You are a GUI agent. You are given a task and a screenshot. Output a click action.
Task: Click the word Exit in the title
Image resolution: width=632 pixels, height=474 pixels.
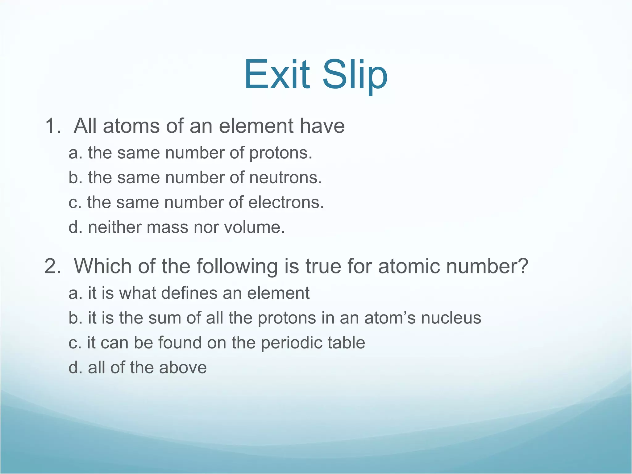277,75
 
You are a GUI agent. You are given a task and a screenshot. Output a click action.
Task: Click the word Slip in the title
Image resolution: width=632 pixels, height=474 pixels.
355,75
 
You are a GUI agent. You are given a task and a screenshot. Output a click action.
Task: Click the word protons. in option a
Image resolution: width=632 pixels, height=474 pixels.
281,153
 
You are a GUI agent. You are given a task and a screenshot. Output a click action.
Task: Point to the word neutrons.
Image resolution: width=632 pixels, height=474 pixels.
285,178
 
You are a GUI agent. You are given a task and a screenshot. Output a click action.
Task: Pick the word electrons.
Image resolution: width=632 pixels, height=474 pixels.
286,202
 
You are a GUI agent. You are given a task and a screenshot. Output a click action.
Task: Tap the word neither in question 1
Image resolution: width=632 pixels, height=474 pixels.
114,227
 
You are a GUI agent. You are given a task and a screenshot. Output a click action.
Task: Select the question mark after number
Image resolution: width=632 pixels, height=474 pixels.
522,266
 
